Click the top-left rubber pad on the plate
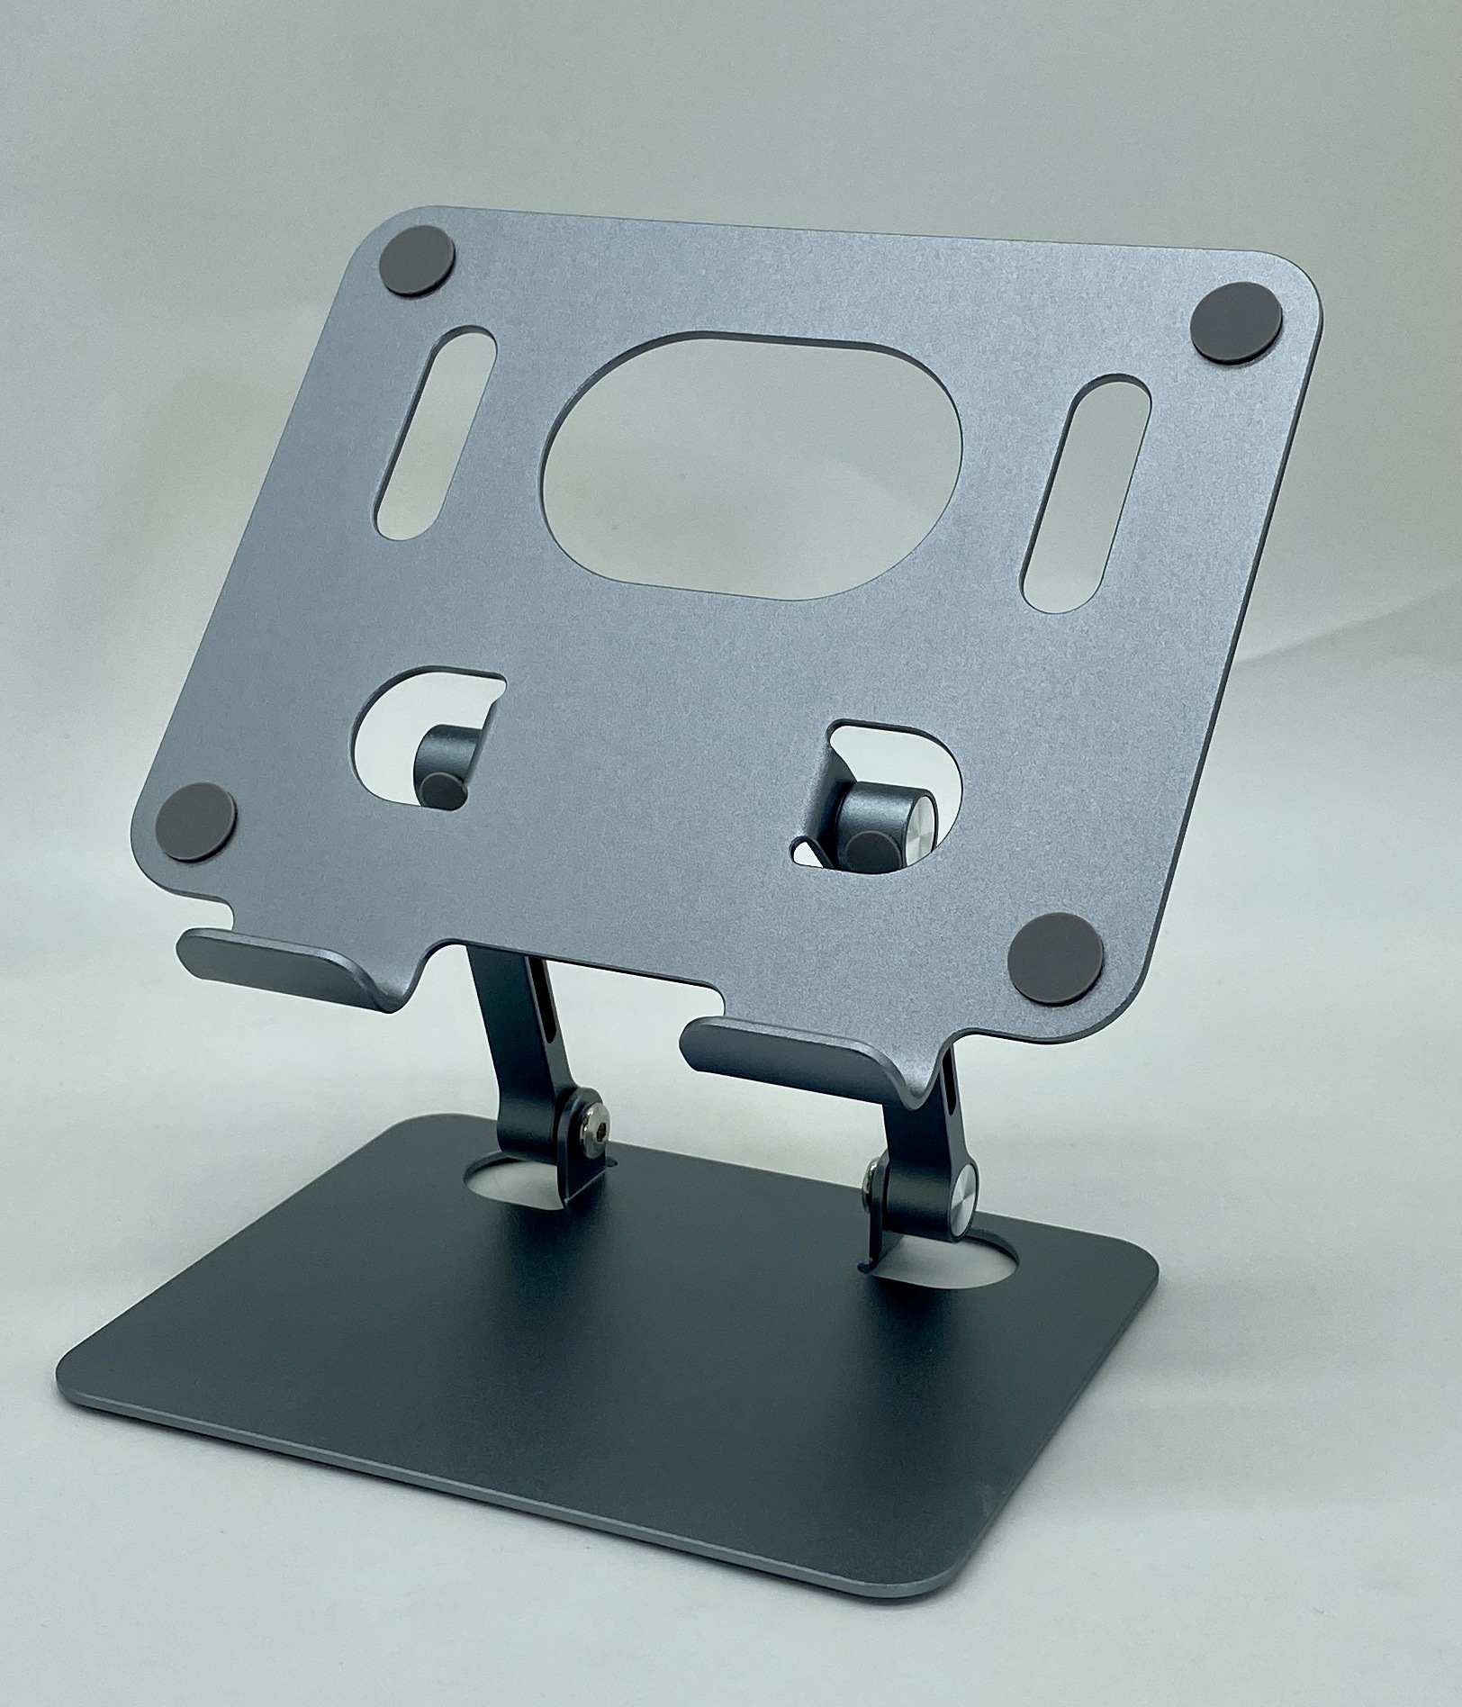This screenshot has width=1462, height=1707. [x=420, y=260]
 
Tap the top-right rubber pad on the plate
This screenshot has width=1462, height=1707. [x=1237, y=322]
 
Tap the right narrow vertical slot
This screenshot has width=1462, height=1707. [x=1087, y=495]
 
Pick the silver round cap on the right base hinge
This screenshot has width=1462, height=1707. [x=960, y=1194]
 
